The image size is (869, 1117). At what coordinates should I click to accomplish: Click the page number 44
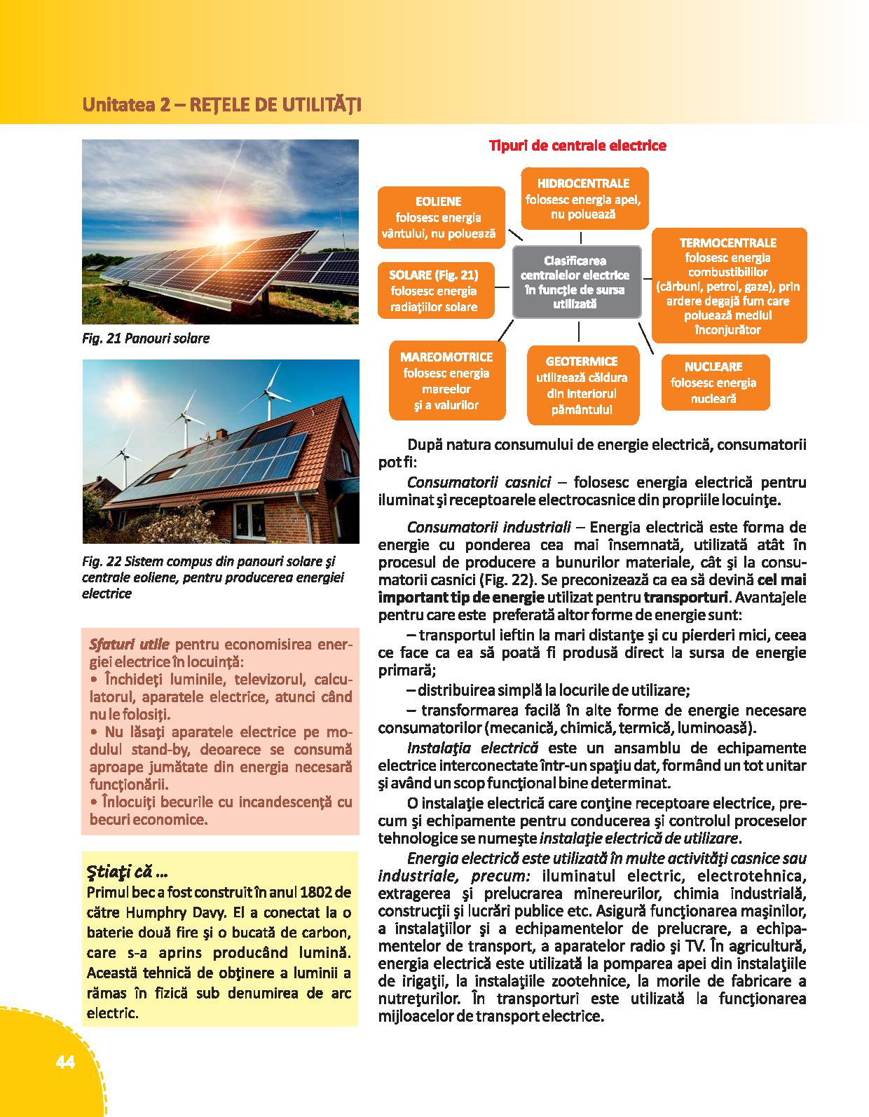click(x=64, y=1062)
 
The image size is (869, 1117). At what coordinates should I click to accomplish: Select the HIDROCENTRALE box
click(x=583, y=198)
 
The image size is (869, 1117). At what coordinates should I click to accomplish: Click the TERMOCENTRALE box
click(x=728, y=285)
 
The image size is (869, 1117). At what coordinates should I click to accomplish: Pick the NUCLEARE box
click(x=714, y=383)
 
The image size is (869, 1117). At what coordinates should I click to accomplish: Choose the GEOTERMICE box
click(x=582, y=385)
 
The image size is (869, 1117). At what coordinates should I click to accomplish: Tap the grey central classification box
click(x=576, y=282)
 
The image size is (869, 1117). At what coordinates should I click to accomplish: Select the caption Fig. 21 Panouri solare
click(x=146, y=338)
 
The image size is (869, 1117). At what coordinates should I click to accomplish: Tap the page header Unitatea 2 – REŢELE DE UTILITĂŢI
click(x=221, y=105)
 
